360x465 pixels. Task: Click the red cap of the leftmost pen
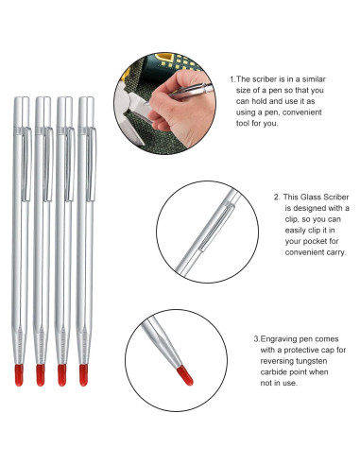[x=19, y=374]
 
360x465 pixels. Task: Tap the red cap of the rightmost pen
[x=83, y=374]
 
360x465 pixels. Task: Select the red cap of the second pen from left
[x=41, y=374]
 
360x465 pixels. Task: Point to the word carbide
[x=274, y=386]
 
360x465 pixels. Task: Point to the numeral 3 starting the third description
[x=255, y=337]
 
